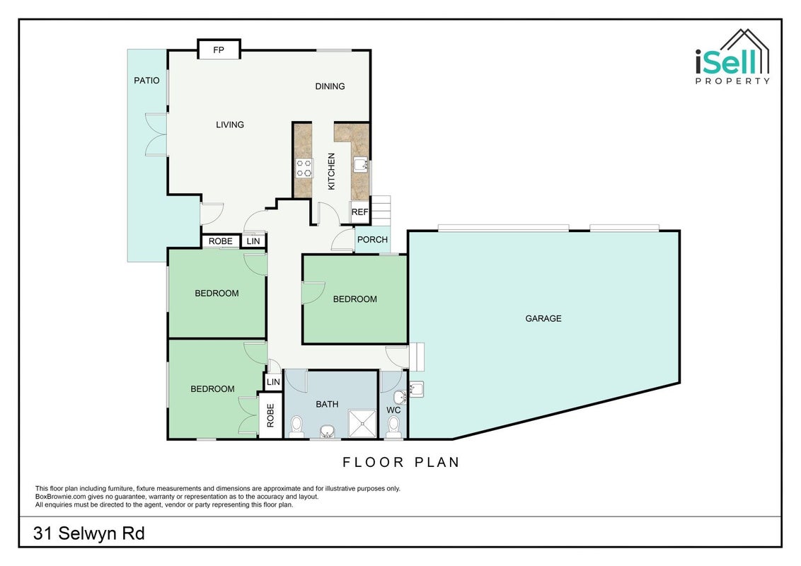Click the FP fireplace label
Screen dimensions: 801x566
[219, 50]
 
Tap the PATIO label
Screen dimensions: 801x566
[146, 80]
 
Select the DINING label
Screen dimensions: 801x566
[330, 86]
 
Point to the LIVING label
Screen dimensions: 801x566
[230, 125]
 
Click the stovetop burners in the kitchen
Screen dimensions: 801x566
[304, 168]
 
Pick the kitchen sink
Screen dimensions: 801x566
[360, 165]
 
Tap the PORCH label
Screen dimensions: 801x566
[372, 240]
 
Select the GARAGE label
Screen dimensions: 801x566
[543, 318]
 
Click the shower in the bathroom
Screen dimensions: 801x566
[362, 424]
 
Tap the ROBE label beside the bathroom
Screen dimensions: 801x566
[271, 415]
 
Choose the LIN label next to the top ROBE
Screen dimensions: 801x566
[253, 241]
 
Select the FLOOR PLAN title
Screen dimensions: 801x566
[401, 462]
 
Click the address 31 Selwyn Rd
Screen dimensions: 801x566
[89, 534]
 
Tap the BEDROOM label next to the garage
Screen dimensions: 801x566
[355, 299]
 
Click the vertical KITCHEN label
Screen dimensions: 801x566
[332, 172]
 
